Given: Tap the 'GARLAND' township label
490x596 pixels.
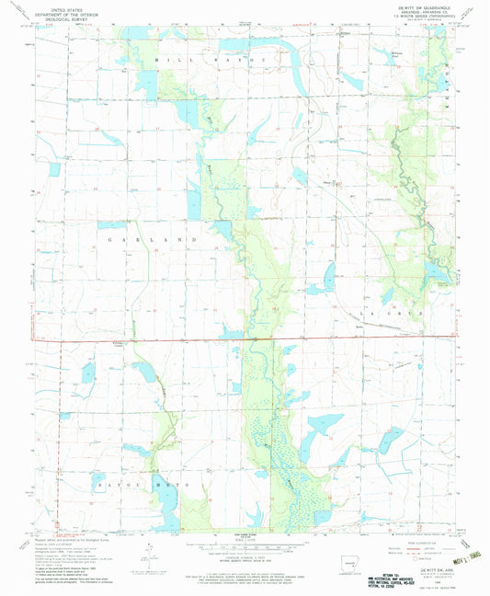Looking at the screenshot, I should click(157, 238).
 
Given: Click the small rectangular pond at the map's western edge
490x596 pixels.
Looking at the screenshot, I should click(88, 372).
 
